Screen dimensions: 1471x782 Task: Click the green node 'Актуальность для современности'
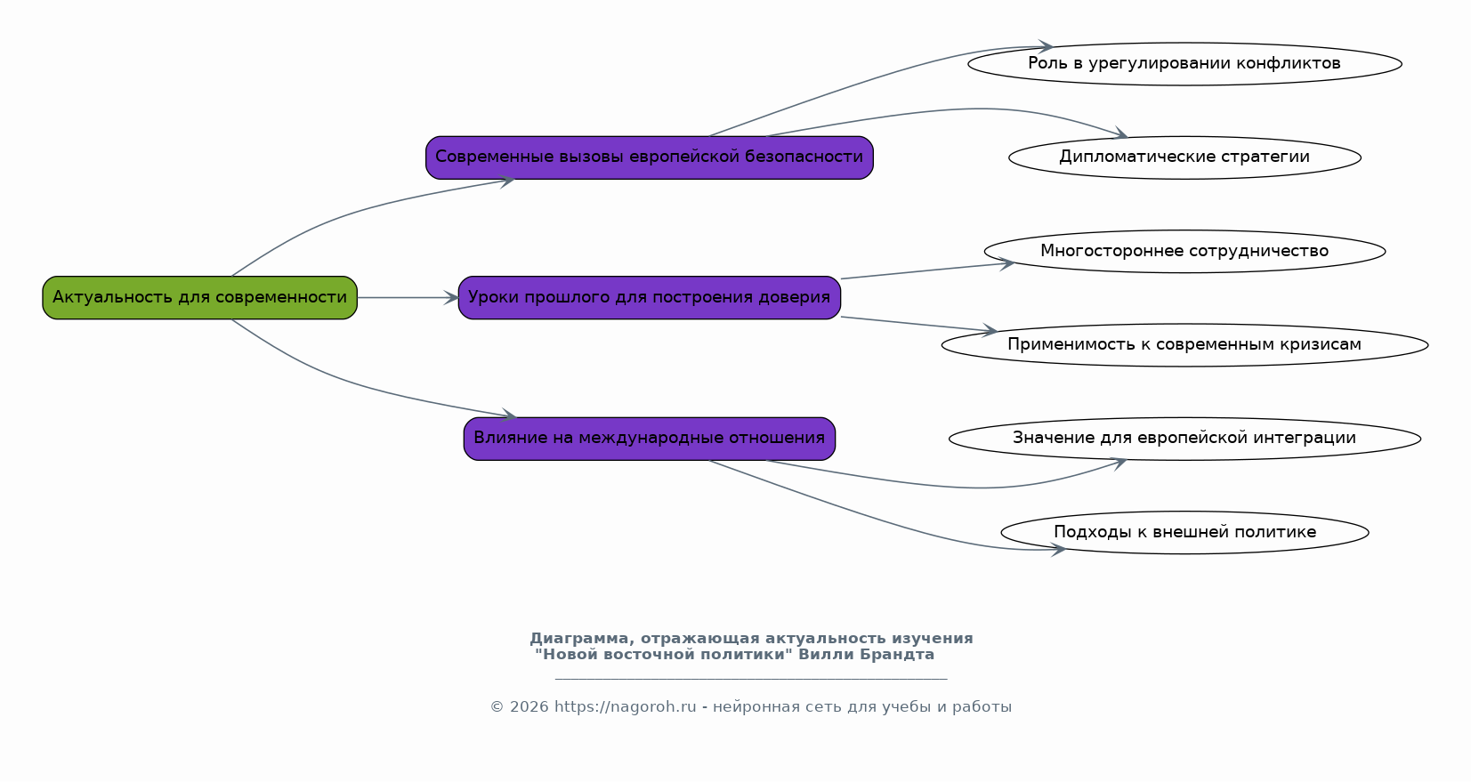[x=199, y=297]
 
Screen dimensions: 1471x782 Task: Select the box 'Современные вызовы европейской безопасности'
[x=650, y=157]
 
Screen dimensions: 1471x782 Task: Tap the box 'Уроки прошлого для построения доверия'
[x=650, y=297]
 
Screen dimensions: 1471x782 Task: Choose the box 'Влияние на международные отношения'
[x=650, y=439]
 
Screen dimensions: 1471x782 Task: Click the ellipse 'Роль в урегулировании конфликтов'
[x=1184, y=64]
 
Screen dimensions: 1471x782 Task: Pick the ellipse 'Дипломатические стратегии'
[x=1184, y=157]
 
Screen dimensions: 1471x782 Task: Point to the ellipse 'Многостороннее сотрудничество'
[x=1184, y=251]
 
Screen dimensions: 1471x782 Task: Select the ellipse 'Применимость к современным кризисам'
[x=1184, y=344]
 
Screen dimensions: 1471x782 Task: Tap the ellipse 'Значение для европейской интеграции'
[x=1184, y=439]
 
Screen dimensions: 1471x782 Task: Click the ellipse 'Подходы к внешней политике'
[x=1184, y=533]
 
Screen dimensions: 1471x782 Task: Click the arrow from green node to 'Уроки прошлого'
[x=408, y=297]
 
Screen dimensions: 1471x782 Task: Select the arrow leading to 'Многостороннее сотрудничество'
[x=928, y=270]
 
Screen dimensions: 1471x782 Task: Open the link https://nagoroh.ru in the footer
[x=626, y=707]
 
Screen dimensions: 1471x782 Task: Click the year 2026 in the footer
[x=529, y=707]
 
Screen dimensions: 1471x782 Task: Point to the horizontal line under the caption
[x=751, y=678]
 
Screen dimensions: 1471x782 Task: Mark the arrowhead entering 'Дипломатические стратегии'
[x=1120, y=133]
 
